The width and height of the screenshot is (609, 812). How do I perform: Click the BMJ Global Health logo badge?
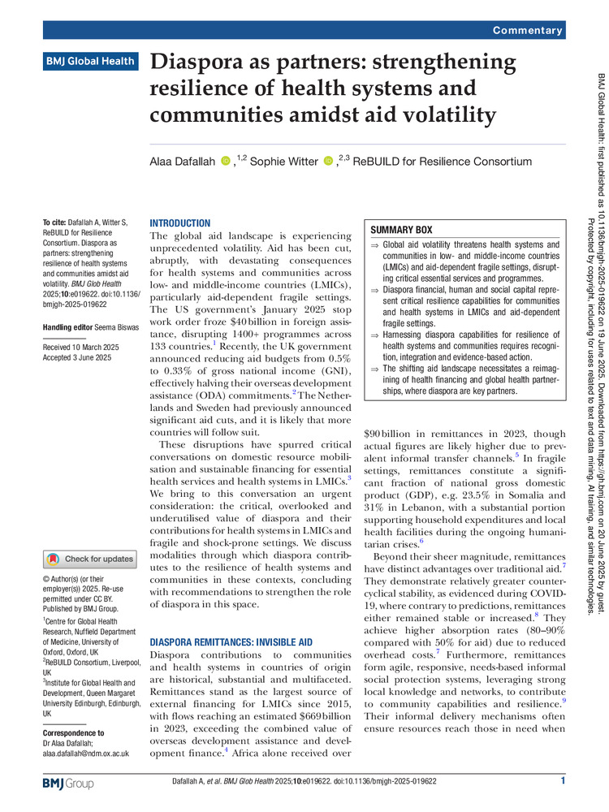90,60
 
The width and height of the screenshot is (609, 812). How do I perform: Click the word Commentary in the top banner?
527,30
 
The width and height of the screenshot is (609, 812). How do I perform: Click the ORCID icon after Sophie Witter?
328,162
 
